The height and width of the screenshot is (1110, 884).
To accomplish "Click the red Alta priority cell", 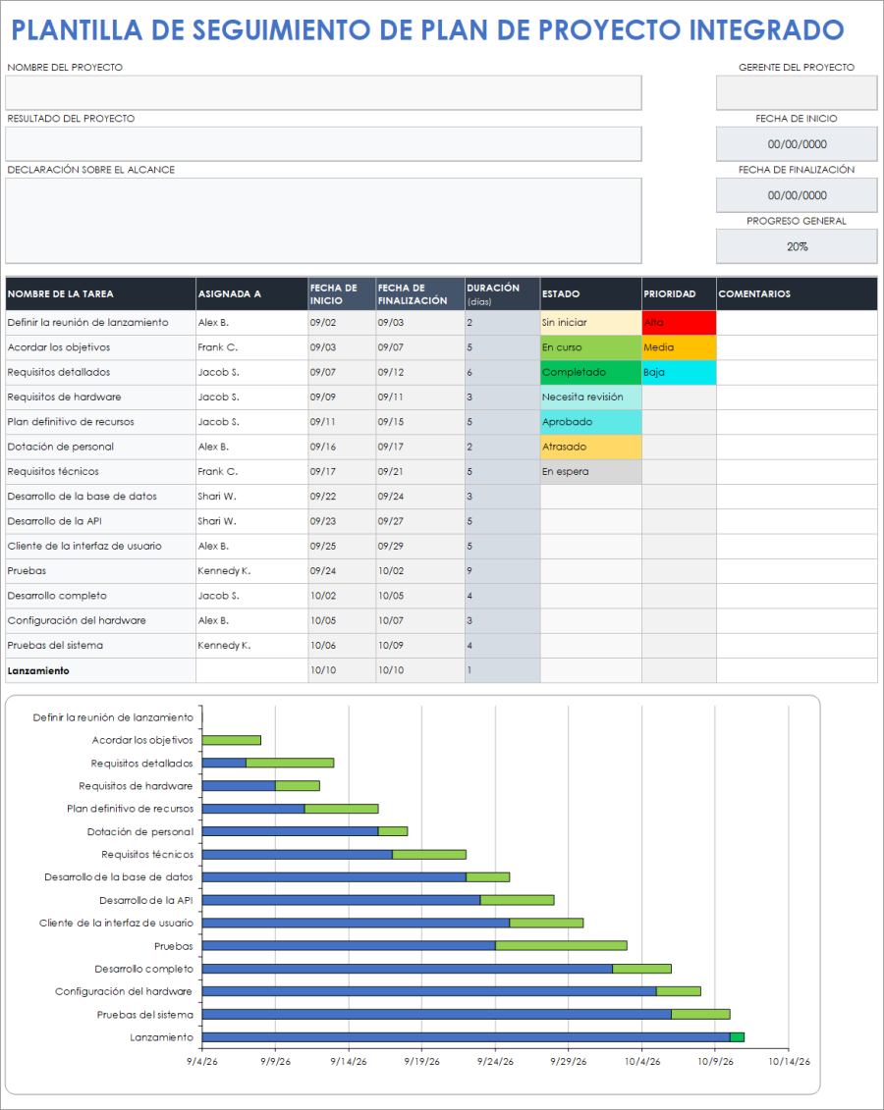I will pyautogui.click(x=679, y=323).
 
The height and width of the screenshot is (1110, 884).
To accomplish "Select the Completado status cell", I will pyautogui.click(x=590, y=373).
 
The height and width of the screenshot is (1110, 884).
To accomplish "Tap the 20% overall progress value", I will pyautogui.click(x=797, y=246).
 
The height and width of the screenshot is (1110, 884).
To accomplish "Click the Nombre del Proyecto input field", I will pyautogui.click(x=323, y=93).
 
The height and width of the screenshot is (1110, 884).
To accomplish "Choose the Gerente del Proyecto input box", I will pyautogui.click(x=797, y=93).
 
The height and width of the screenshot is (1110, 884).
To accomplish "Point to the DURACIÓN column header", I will pyautogui.click(x=501, y=293).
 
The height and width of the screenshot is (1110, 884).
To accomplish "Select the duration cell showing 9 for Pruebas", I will pyautogui.click(x=501, y=571).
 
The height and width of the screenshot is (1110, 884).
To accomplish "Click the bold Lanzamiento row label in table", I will pyautogui.click(x=38, y=671).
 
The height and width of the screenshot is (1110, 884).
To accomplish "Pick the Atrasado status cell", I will pyautogui.click(x=590, y=448).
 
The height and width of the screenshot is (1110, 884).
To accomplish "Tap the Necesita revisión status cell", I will pyautogui.click(x=590, y=397).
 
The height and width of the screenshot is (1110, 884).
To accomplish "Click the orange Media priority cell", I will pyautogui.click(x=679, y=347).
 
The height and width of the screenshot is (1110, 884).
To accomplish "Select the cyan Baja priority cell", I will pyautogui.click(x=679, y=373).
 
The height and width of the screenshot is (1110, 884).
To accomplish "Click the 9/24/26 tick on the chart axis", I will pyautogui.click(x=494, y=1061).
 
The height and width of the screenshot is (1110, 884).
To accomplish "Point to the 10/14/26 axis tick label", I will pyautogui.click(x=788, y=1061).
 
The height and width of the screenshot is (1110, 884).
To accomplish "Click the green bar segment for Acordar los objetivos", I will pyautogui.click(x=232, y=740).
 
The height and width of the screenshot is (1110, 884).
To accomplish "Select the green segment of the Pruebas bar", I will pyautogui.click(x=561, y=946).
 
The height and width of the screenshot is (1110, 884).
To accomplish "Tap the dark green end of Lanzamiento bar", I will pyautogui.click(x=737, y=1037).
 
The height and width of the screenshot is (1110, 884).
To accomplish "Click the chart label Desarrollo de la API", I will pyautogui.click(x=146, y=900).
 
